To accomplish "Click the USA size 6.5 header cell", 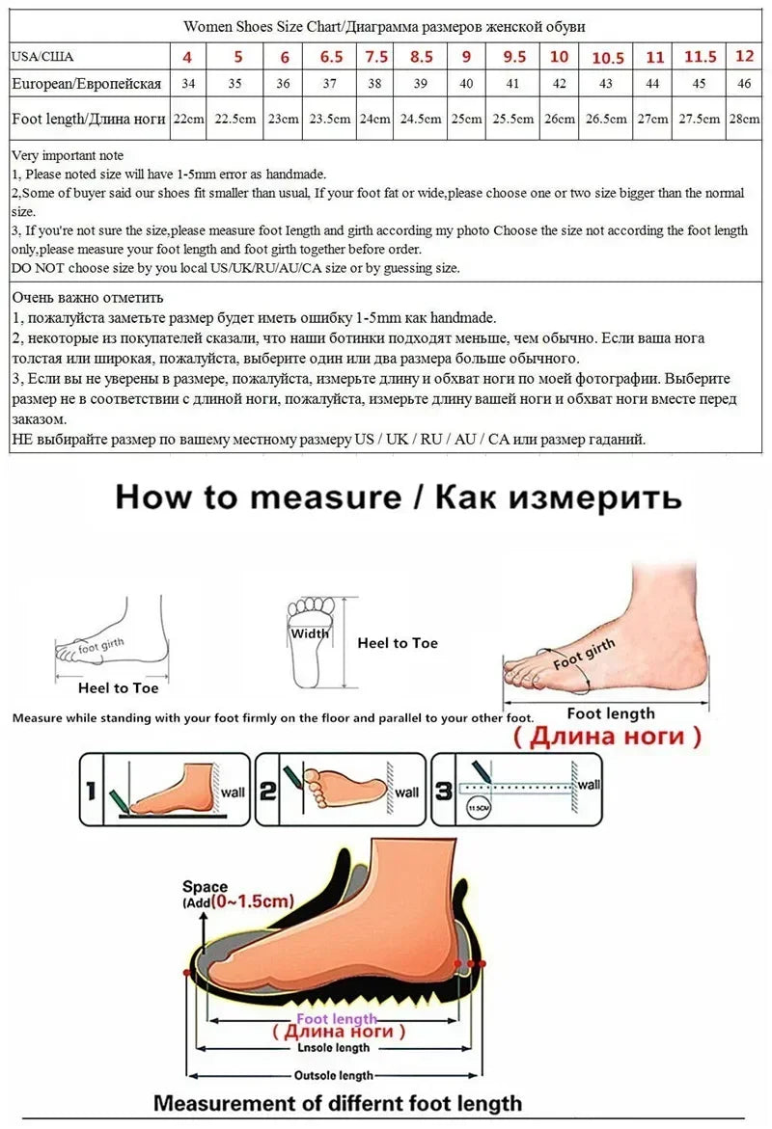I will point(330,57).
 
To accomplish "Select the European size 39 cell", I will point(421,84).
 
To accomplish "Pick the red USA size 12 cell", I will point(743,56).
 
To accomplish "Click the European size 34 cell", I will point(188,84).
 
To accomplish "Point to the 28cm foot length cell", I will point(743,120).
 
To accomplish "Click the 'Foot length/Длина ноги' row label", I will point(88,120).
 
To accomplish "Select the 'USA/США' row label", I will point(42,57).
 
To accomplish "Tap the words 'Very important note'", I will point(68,155).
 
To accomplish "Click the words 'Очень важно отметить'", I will point(88,297).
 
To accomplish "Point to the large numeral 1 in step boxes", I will point(90,792).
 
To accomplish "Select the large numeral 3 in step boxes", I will point(443,792).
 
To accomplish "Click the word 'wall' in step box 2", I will point(407,793).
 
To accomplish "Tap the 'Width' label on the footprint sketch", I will point(310,633).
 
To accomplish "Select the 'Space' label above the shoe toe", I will point(205,886).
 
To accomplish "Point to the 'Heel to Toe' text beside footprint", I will point(398,643).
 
